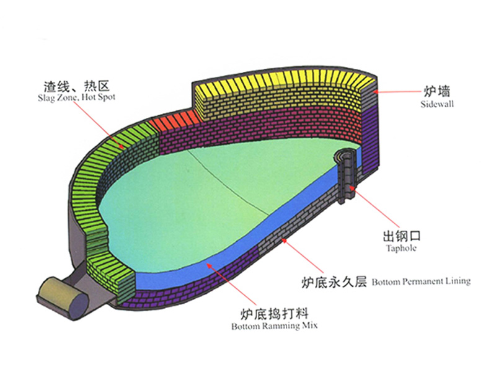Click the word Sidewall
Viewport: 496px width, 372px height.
click(x=438, y=104)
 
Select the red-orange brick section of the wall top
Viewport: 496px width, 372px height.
click(x=177, y=120)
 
